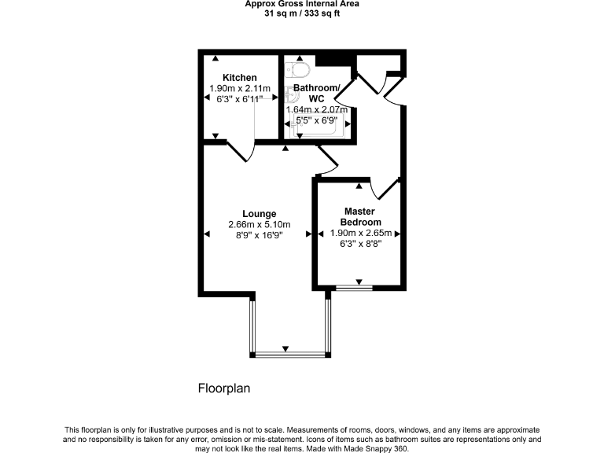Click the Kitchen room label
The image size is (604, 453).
pos(239,77)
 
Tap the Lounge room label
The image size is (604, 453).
pos(259,213)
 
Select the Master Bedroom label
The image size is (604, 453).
pos(359,217)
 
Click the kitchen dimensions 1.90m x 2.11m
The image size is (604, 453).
pos(239,89)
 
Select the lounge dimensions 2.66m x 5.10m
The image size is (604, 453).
pos(259,224)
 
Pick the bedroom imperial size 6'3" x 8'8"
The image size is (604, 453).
pos(359,245)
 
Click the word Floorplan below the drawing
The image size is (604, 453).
pos(223,389)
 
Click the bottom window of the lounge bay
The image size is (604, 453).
pos(289,355)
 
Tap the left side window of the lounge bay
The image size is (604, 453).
pos(252,326)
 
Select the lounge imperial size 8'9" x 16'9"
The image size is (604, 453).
pos(259,235)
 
